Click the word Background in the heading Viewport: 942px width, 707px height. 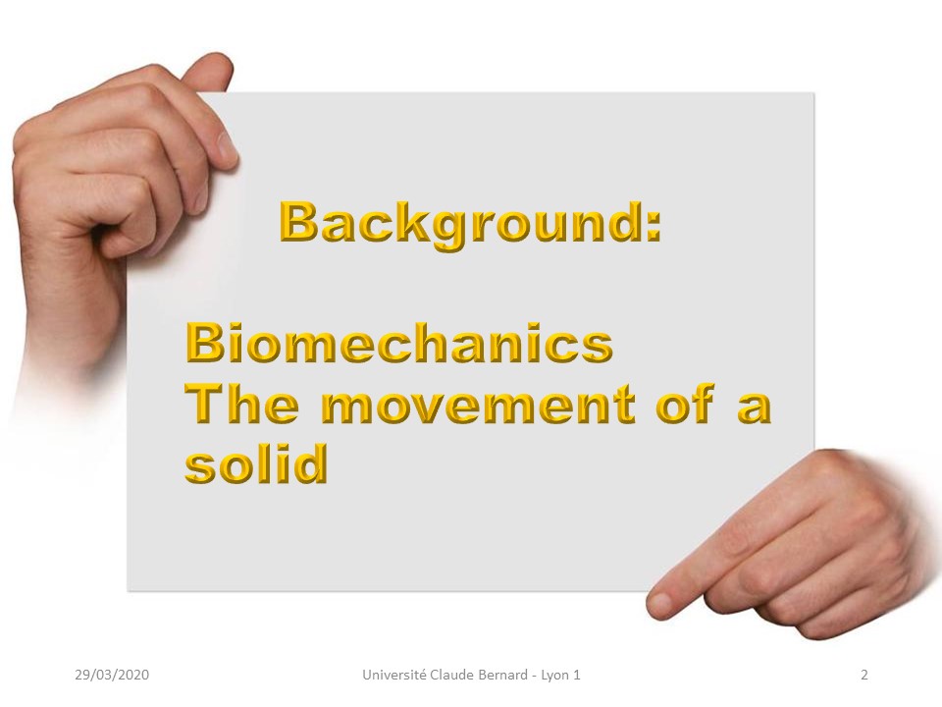[461, 224]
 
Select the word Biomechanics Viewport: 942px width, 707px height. [399, 343]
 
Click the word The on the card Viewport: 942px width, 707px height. [241, 403]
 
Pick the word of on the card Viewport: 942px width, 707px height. [684, 403]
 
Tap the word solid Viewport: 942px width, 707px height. [256, 462]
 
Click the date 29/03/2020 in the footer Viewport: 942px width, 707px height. [112, 675]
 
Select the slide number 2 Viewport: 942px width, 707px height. [864, 675]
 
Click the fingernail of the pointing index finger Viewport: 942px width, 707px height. [659, 602]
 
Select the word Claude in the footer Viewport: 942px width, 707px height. [452, 675]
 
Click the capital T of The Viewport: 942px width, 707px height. [204, 403]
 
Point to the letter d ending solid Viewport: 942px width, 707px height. [311, 462]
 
